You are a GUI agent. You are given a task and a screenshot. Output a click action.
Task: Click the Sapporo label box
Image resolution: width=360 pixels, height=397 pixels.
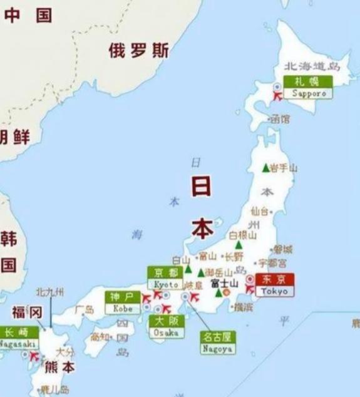(308, 87)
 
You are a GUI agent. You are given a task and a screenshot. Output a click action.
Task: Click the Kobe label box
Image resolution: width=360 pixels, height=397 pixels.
(122, 302)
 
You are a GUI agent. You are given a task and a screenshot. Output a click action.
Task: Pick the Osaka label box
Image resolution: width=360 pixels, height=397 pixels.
(167, 327)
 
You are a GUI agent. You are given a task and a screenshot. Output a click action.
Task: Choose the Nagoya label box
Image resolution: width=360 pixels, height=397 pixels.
(218, 342)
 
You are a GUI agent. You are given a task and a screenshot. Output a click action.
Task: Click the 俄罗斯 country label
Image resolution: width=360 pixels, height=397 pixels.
(138, 51)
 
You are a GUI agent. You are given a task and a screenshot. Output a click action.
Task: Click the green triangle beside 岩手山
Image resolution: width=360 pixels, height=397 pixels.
(265, 168)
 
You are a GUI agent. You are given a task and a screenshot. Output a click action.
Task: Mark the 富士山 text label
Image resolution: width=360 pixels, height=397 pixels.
(224, 283)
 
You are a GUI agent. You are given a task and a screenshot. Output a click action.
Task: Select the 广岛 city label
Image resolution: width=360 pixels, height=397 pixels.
(85, 309)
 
